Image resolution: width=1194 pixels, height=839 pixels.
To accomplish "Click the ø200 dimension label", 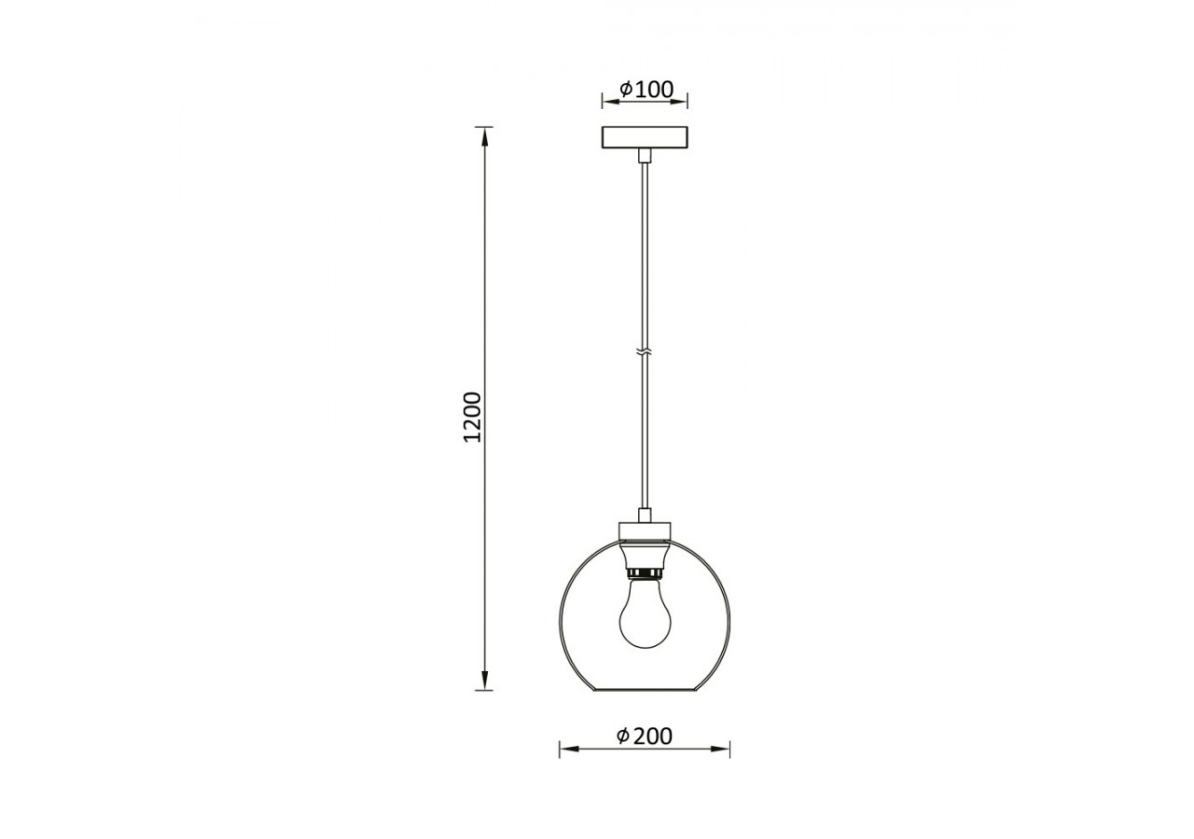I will tap(645, 736).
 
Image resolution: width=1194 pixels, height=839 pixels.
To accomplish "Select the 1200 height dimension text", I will tap(473, 417).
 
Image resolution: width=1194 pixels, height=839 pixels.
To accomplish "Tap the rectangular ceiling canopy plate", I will tap(645, 137).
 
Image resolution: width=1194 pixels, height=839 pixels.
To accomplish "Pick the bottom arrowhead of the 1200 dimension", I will tap(483, 682).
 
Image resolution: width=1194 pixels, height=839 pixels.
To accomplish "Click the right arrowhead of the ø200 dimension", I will tap(724, 749).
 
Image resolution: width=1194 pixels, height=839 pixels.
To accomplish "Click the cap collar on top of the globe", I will tap(645, 531).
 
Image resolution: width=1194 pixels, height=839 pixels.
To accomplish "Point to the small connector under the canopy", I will tap(644, 155).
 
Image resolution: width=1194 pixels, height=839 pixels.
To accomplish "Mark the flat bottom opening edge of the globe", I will tap(645, 691).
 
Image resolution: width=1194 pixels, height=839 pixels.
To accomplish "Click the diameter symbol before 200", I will tap(623, 736).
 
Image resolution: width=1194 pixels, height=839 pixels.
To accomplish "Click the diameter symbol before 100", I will tap(627, 89).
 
